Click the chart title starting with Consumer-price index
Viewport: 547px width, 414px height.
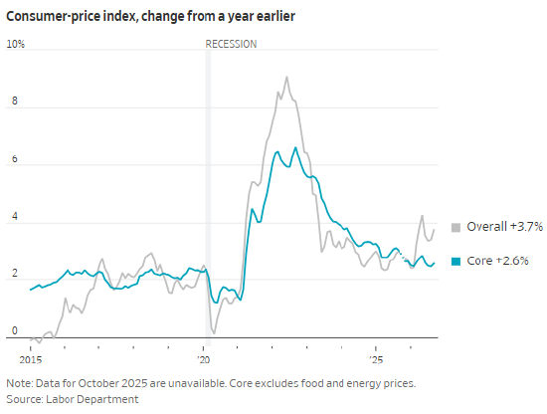pos(151,16)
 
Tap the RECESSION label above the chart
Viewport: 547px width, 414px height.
pos(231,44)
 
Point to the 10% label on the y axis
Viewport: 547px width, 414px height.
pos(16,44)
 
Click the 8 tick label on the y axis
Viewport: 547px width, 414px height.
pos(14,101)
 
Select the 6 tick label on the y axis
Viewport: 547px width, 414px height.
pos(14,159)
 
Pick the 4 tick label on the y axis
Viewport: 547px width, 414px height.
pos(14,216)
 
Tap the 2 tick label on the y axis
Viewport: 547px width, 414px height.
pos(14,273)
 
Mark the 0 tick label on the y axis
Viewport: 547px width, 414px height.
pos(14,330)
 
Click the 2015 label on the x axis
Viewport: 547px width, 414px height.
pos(31,360)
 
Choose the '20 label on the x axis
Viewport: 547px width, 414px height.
pos(203,360)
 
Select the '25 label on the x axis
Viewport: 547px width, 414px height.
pos(376,360)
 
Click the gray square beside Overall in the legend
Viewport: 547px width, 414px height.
pos(456,227)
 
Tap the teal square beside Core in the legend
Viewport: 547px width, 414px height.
pos(456,261)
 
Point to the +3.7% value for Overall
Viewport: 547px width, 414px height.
pos(526,227)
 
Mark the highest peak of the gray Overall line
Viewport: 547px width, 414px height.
pos(286,77)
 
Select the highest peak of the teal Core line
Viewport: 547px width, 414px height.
pos(295,147)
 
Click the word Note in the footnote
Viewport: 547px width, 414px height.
pos(19,383)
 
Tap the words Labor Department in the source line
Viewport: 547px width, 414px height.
pos(92,399)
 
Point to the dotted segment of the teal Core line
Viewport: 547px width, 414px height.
pos(403,256)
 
